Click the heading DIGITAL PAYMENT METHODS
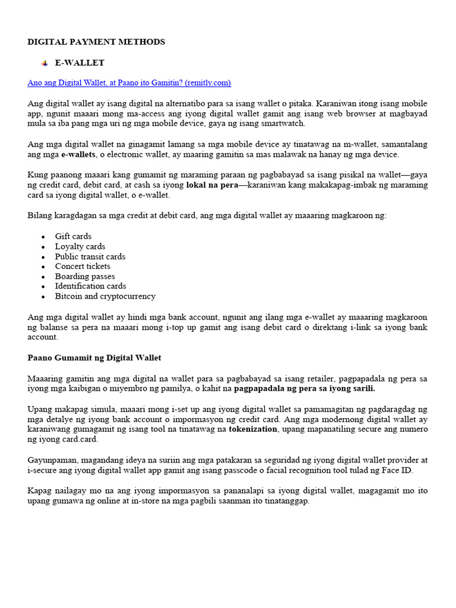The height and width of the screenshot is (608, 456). click(x=96, y=42)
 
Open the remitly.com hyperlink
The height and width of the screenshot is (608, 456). click(x=129, y=83)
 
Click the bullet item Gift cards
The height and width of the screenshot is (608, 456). click(x=73, y=236)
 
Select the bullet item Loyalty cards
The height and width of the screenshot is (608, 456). click(x=80, y=246)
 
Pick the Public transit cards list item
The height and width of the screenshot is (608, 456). click(x=90, y=256)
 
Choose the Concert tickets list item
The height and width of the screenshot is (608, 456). click(x=83, y=266)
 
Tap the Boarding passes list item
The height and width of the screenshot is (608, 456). click(x=85, y=276)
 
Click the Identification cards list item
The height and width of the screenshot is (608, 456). click(x=90, y=286)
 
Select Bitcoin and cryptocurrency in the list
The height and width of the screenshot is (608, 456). click(x=105, y=296)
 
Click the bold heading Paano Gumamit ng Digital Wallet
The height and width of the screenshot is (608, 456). click(x=94, y=357)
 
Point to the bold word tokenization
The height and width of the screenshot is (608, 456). click(x=253, y=429)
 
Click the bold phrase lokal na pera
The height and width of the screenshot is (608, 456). click(x=212, y=185)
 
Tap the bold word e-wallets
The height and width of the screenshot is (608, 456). click(x=78, y=154)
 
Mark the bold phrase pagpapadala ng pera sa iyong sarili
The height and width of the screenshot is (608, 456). click(x=305, y=388)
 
